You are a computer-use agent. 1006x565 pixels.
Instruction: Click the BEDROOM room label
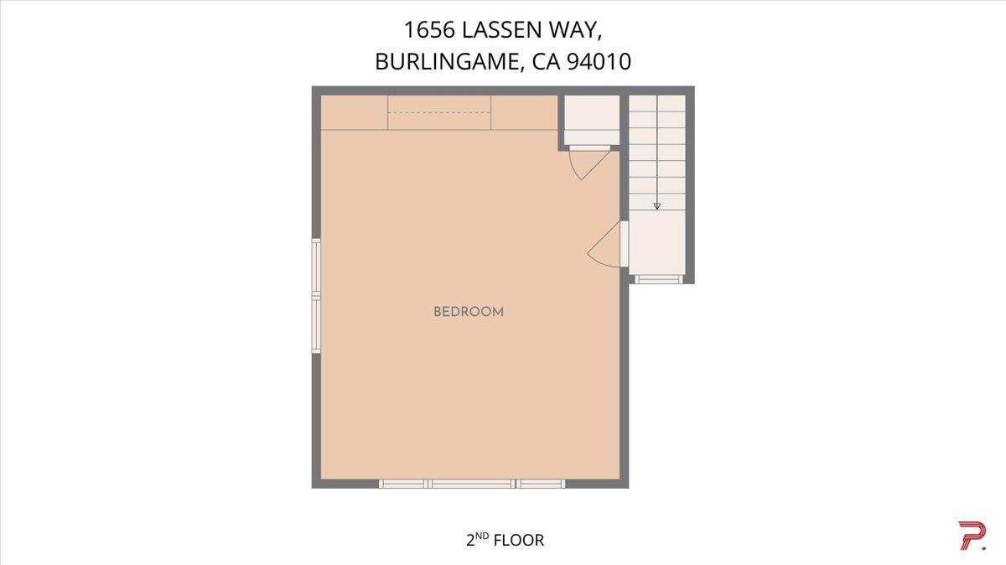[x=468, y=312]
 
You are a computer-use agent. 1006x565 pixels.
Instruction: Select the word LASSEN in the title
[x=509, y=31]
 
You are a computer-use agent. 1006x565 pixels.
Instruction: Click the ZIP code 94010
[x=599, y=63]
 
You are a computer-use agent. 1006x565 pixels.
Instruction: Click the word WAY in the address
[x=578, y=31]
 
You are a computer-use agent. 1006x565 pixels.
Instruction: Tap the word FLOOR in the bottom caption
[x=519, y=541]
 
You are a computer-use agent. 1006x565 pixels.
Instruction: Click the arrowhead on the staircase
[x=657, y=205]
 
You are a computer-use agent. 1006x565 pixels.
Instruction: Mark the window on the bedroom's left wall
[x=317, y=295]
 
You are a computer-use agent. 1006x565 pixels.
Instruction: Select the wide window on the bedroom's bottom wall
[x=472, y=484]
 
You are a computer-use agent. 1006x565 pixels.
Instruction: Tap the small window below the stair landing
[x=657, y=279]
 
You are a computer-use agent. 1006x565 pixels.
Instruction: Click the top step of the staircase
[x=657, y=103]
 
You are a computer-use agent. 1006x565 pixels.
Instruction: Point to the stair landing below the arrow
[x=657, y=243]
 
